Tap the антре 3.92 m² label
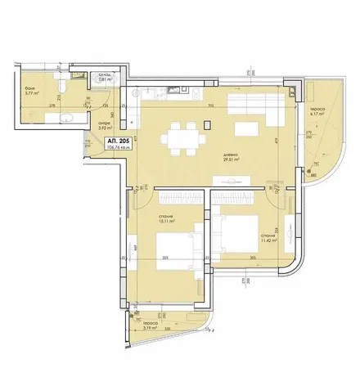[x=104, y=127]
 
